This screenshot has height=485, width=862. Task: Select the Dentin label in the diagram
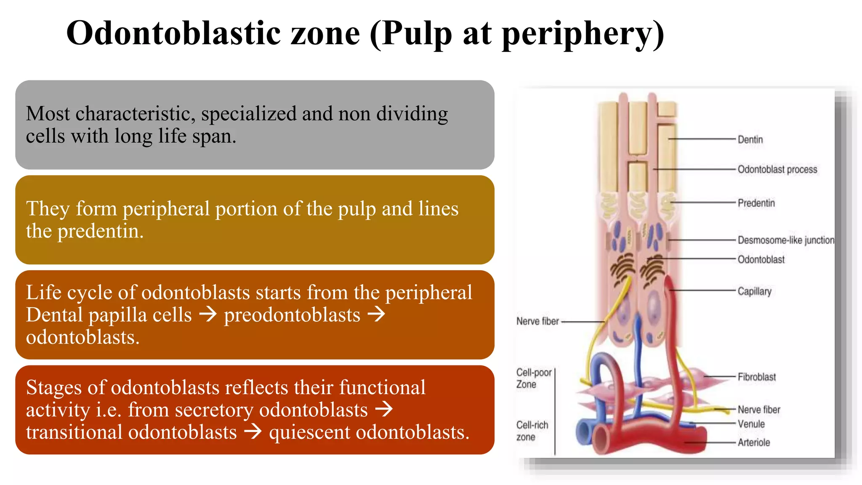coord(750,140)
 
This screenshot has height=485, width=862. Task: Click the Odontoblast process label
coord(777,170)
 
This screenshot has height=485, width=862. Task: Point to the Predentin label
coord(756,203)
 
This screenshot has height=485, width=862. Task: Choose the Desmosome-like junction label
coord(785,240)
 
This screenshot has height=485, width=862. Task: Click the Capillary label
coord(754,291)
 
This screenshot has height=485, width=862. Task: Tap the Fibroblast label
coord(756,377)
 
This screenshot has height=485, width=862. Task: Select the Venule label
coord(751,424)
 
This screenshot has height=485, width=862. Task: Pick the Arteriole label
coord(753,443)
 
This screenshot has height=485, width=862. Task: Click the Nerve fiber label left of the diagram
coord(537,322)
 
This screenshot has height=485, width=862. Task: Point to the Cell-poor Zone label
coord(533,378)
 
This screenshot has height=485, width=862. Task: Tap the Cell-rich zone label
coord(532,431)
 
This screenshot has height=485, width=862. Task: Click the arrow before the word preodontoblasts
coord(208,314)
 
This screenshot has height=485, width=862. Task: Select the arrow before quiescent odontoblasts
coord(253,432)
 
